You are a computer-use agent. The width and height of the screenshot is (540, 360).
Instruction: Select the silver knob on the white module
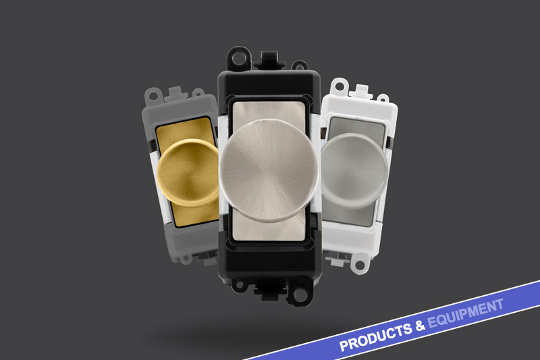[353, 171]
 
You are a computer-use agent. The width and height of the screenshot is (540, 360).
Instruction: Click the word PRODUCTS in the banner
[376, 336]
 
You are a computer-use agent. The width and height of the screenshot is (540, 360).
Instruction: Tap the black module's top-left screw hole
[238, 59]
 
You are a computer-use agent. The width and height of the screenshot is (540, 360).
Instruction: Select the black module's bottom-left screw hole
[238, 284]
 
